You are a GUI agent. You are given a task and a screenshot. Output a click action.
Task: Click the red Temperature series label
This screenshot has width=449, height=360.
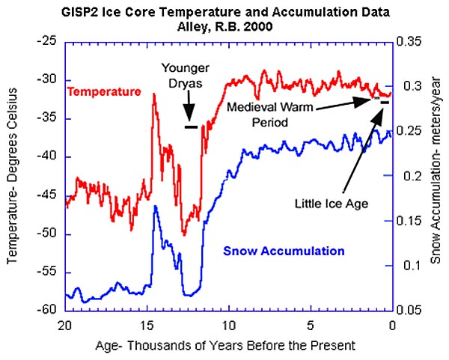click(104, 92)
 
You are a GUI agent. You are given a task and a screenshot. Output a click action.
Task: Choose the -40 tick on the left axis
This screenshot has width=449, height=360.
click(50, 157)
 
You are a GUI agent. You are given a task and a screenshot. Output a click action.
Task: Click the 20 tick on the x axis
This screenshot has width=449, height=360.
click(65, 325)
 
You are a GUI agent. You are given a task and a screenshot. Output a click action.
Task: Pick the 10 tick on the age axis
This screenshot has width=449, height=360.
click(229, 325)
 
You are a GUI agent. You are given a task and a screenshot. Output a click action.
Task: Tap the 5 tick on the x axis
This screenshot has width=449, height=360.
click(310, 325)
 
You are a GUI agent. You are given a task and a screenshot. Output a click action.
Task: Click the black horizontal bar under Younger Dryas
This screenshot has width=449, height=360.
click(192, 126)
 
